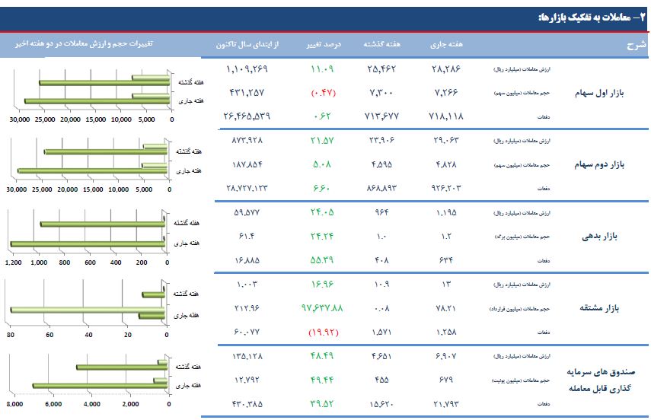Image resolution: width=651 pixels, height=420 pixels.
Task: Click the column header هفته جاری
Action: click(445, 44)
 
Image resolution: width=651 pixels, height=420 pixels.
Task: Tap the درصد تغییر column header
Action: click(327, 44)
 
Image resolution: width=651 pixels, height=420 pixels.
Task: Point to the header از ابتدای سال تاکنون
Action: click(248, 44)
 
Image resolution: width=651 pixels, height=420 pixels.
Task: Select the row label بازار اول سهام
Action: click(598, 92)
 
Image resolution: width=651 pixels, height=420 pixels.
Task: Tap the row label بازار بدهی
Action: click(602, 236)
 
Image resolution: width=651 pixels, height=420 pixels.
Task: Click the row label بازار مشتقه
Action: click(601, 308)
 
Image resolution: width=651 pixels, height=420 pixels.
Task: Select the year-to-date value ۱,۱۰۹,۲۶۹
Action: click(247, 68)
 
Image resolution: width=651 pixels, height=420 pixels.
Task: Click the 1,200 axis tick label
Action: click(14, 262)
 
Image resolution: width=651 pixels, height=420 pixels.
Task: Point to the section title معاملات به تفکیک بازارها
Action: click(586, 16)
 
